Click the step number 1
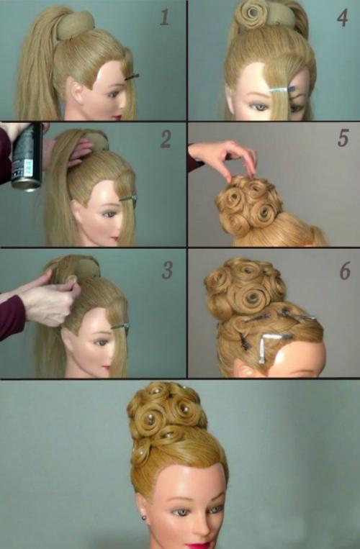[x=165, y=17]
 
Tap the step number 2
[x=166, y=139]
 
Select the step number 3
[x=167, y=270]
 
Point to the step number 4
[x=343, y=18]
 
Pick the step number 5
[x=343, y=137]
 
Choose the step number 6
[x=345, y=271]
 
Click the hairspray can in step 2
[x=27, y=158]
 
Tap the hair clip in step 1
[x=132, y=77]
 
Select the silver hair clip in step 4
[x=282, y=90]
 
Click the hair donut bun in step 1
[x=76, y=26]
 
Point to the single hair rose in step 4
[x=251, y=14]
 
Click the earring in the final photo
[x=143, y=517]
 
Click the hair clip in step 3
[x=120, y=327]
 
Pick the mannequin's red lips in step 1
[x=117, y=117]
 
